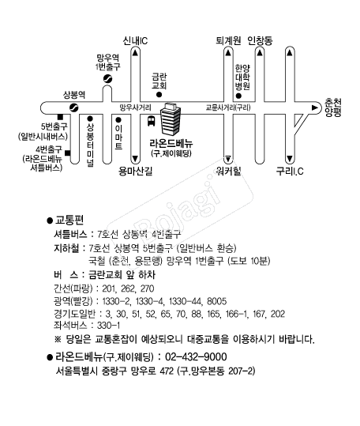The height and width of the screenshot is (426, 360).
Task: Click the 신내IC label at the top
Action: tap(135, 41)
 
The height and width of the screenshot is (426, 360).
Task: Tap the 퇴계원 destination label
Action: tap(228, 41)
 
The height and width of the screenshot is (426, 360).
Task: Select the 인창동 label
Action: tap(260, 41)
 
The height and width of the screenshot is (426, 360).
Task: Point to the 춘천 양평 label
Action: tap(333, 107)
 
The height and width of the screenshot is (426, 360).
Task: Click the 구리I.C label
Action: tap(290, 172)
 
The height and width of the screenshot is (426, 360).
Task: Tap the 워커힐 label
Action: tap(228, 172)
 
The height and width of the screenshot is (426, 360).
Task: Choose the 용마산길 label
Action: tap(135, 172)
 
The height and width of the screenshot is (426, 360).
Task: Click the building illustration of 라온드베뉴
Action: tap(170, 119)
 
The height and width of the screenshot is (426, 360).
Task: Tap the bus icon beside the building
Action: tap(151, 121)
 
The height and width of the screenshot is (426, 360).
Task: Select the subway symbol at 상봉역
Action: tap(73, 107)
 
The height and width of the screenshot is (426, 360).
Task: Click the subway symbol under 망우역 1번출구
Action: tap(107, 79)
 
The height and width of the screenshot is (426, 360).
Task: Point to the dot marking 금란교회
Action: tap(159, 95)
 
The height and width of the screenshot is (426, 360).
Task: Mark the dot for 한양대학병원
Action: tap(238, 96)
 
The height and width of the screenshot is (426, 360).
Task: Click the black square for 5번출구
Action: tap(61, 117)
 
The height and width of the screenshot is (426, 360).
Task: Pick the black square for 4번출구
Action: tap(68, 153)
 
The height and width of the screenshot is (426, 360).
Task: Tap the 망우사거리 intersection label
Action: tap(135, 107)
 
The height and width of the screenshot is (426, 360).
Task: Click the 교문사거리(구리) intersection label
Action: tap(228, 107)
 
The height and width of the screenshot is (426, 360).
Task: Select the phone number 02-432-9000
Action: tap(196, 356)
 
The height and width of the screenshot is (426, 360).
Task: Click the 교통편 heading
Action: tap(69, 220)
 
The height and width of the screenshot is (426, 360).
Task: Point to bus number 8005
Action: tap(217, 301)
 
